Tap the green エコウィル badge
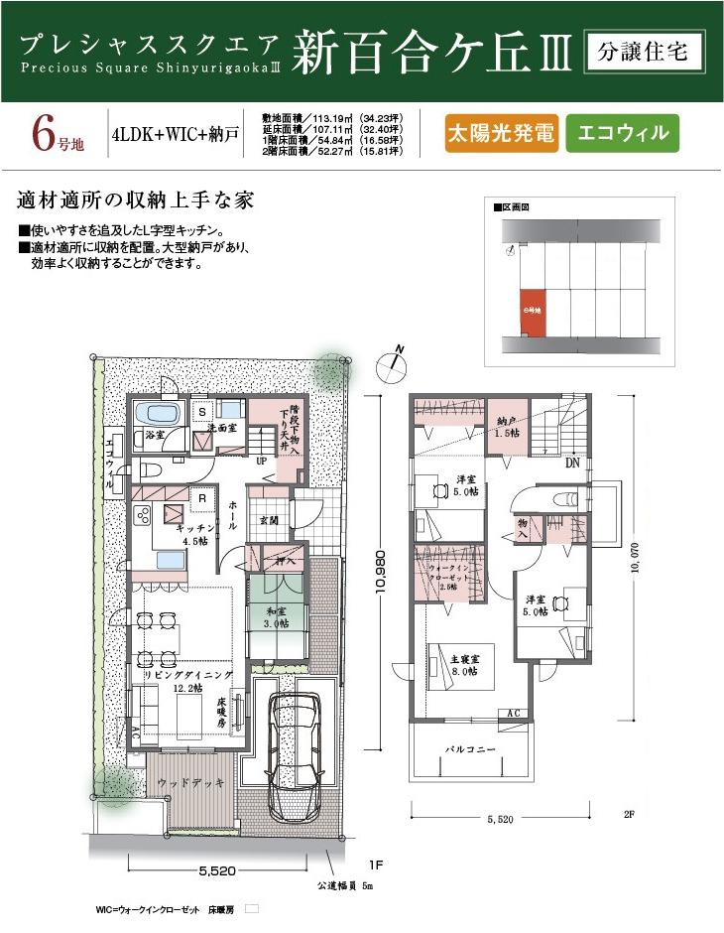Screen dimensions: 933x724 click(622, 133)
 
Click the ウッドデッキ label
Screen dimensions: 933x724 click(188, 783)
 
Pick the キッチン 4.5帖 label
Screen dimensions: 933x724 click(196, 535)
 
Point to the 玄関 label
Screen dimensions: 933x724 click(267, 519)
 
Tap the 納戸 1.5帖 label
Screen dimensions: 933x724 click(509, 428)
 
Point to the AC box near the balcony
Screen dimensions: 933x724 click(515, 713)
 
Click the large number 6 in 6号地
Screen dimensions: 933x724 click(41, 134)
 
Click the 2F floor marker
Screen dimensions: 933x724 click(628, 814)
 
